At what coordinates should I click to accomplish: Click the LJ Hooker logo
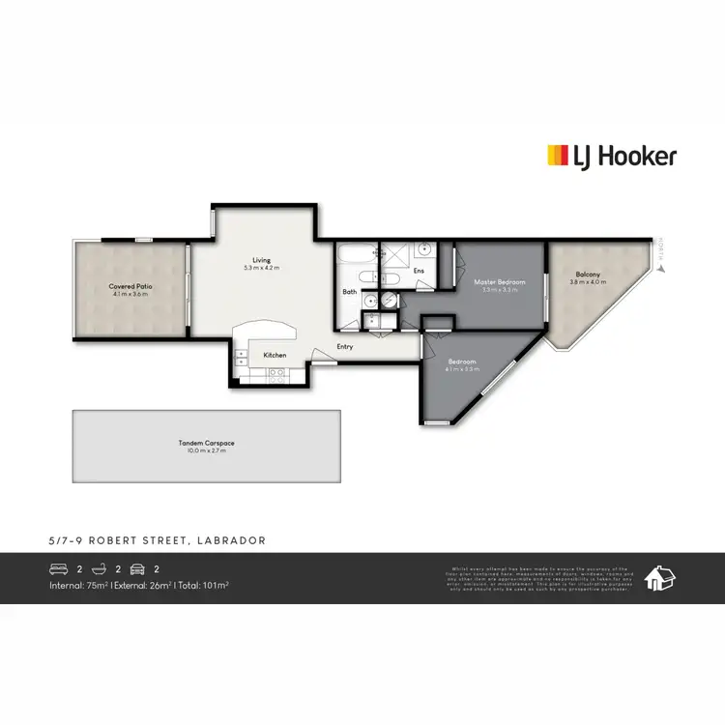pyautogui.click(x=612, y=156)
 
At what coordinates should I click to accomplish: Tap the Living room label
pyautogui.click(x=262, y=260)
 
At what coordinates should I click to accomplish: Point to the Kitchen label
pyautogui.click(x=275, y=355)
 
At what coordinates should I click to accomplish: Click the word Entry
pyautogui.click(x=344, y=347)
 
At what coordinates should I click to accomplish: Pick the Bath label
pyautogui.click(x=350, y=291)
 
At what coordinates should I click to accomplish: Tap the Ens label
pyautogui.click(x=419, y=271)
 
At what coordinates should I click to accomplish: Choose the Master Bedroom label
pyautogui.click(x=500, y=282)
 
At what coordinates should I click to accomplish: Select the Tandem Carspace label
pyautogui.click(x=206, y=443)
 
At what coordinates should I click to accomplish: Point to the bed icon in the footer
pyautogui.click(x=60, y=570)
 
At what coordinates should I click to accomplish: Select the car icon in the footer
pyautogui.click(x=137, y=570)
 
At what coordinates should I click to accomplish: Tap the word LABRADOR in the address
pyautogui.click(x=232, y=540)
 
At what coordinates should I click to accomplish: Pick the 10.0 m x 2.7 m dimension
pyautogui.click(x=206, y=449)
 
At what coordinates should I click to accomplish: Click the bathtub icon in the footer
pyautogui.click(x=97, y=570)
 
